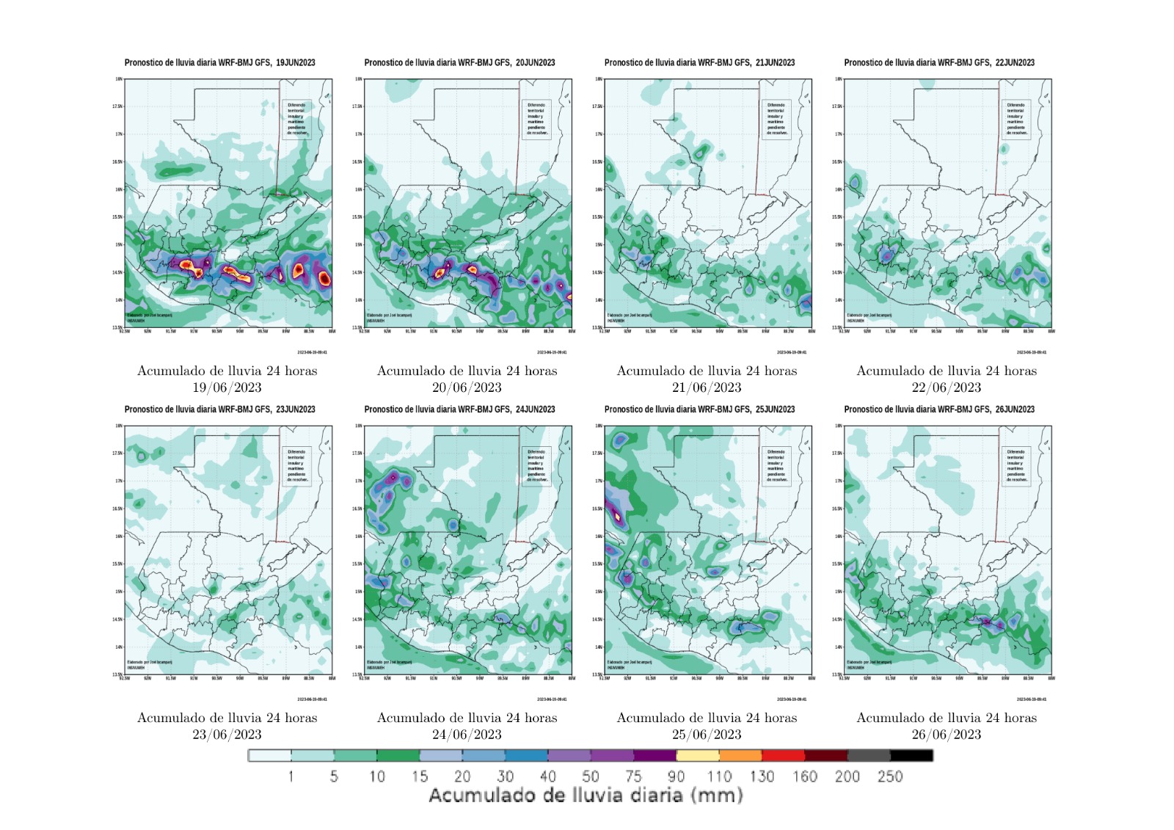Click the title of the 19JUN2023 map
[219, 63]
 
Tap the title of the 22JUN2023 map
[939, 63]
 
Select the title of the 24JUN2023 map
[459, 409]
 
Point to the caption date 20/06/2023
[467, 387]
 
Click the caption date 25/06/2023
[707, 735]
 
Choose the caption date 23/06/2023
[227, 735]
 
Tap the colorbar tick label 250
[890, 776]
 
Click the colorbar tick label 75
[633, 776]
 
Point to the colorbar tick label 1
[291, 776]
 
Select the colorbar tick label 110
[719, 776]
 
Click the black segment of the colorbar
[911, 755]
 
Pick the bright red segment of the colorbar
[783, 755]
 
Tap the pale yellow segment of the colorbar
[697, 755]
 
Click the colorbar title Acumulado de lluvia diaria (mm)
[586, 796]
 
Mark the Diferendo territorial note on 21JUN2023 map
[776, 119]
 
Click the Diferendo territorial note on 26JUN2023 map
[1016, 466]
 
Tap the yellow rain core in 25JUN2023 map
[618, 516]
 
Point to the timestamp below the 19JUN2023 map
[312, 352]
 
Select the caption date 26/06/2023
[947, 735]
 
